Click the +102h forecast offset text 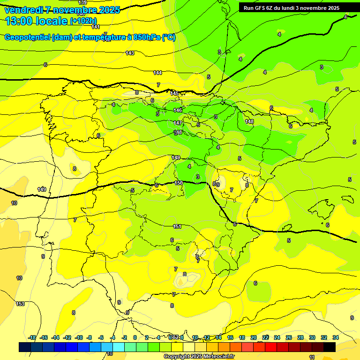point(83,21)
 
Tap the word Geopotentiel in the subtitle point(27,37)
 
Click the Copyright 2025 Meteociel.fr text point(199,357)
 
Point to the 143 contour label point(130,53)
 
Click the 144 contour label point(157,73)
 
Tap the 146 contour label point(178,110)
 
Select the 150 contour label point(179,183)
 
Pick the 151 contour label point(177,226)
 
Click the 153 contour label point(20,304)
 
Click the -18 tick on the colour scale point(32,337)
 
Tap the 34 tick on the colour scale point(336,337)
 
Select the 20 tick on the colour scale point(254,337)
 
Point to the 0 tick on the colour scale point(135,337)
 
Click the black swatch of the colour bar point(330,347)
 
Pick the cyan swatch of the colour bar point(119,347)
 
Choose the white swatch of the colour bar point(189,347)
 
